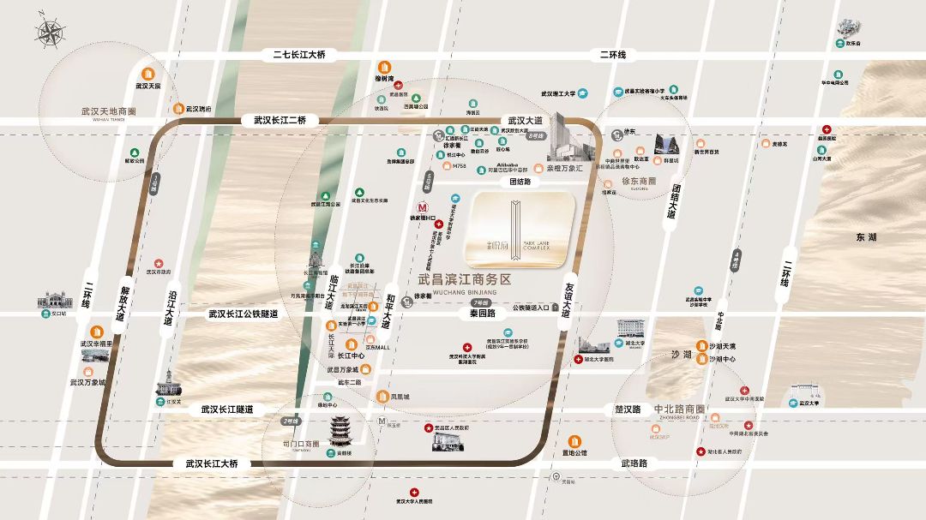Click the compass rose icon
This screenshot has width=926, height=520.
pyautogui.click(x=50, y=33)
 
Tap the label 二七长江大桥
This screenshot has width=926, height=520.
pyautogui.click(x=299, y=55)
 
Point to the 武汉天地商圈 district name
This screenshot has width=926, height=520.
pyautogui.click(x=109, y=111)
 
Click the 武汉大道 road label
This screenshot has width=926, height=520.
pyautogui.click(x=526, y=121)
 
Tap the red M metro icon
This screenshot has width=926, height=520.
pyautogui.click(x=422, y=206)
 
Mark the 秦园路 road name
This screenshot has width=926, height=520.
pyautogui.click(x=486, y=314)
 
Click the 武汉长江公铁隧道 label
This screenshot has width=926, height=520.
pyautogui.click(x=244, y=314)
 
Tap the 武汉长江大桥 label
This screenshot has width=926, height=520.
pyautogui.click(x=206, y=463)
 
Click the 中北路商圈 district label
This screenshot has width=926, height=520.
pyautogui.click(x=679, y=409)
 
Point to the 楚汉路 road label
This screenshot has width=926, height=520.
pyautogui.click(x=628, y=409)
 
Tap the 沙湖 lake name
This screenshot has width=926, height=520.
pyautogui.click(x=682, y=354)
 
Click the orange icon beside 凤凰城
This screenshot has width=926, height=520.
pyautogui.click(x=382, y=397)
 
